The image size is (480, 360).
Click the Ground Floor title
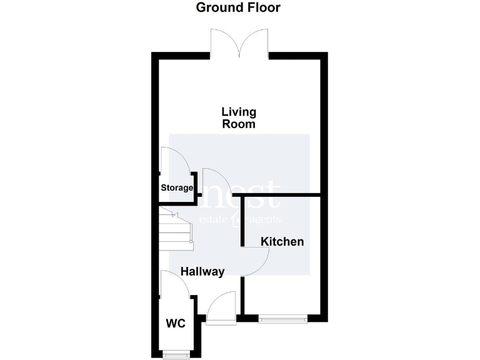tap(238, 8)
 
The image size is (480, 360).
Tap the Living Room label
tap(239, 118)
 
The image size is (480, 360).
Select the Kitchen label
tap(282, 241)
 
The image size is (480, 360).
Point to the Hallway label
tap(202, 272)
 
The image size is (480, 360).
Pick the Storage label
tap(177, 187)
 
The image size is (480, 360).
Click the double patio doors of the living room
tap(240, 44)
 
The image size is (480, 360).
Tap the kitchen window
tap(283, 319)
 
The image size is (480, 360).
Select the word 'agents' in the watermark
tap(263, 220)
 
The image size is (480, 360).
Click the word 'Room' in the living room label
tap(239, 124)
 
